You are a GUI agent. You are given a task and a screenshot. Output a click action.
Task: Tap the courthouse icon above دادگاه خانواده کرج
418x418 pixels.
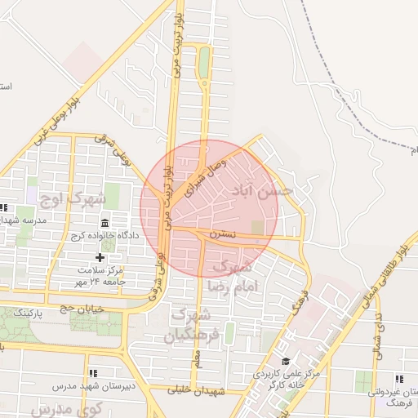coord(104,223)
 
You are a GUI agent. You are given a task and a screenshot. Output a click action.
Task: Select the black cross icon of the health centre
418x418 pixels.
coord(100,258)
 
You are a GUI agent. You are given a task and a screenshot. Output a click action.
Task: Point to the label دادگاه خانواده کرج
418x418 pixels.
coord(108,236)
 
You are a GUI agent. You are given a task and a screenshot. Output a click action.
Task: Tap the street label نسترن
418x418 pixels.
coord(223,233)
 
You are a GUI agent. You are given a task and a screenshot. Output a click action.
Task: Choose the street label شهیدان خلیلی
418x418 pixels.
coord(189,391)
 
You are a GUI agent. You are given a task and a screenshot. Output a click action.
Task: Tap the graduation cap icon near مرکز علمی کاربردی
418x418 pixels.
coord(286,362)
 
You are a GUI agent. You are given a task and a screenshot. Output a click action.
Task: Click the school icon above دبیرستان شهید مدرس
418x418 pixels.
coord(91,372)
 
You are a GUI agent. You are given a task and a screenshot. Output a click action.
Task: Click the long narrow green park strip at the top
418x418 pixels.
coord(203,62)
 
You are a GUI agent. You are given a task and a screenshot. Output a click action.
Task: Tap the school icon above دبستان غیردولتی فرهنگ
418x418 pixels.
coord(399,380)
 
